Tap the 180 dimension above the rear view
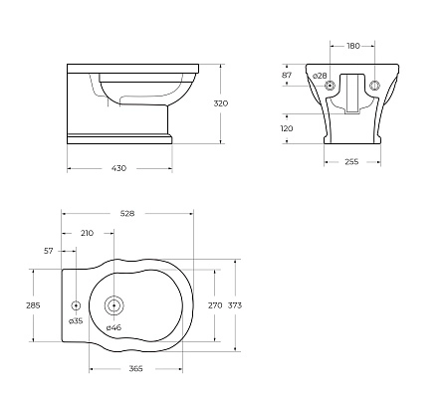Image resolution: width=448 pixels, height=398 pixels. tap(352, 45)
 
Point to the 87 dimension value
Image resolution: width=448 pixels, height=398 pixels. tap(288, 76)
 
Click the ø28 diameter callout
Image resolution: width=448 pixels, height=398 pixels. tap(320, 76)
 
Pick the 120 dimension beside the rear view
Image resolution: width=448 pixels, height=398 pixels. tap(289, 128)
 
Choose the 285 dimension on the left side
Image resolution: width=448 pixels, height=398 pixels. tap(33, 305)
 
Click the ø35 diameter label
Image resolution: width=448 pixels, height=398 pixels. tap(76, 320)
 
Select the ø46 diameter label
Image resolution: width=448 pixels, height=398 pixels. tap(113, 327)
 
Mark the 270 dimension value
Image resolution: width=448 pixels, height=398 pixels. tap(214, 305)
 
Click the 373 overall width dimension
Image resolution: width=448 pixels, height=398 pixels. tap(235, 305)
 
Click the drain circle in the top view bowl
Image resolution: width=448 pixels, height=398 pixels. tap(113, 305)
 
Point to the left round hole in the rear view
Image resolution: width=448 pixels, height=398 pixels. tap(331, 86)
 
